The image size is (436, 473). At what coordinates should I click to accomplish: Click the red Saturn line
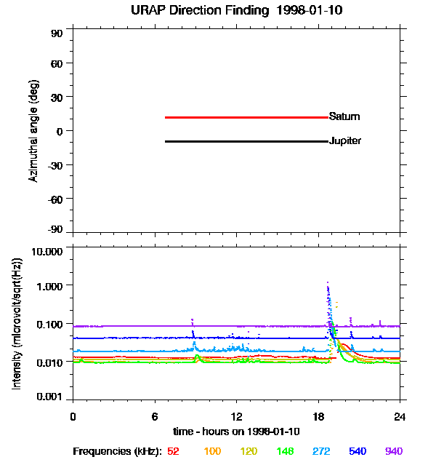pos(246,117)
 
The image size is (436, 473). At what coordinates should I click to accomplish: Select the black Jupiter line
pos(246,141)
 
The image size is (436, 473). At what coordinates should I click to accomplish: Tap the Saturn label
pos(344,117)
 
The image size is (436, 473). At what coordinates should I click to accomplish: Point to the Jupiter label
pos(345,141)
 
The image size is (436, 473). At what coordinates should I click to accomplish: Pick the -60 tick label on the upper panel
pos(55,198)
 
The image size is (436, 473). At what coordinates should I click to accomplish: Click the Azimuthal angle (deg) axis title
pos(34,131)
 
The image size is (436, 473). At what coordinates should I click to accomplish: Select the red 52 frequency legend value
pos(173,452)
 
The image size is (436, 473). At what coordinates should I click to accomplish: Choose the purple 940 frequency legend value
pos(393,452)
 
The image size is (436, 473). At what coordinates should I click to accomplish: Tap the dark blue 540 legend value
pos(357,452)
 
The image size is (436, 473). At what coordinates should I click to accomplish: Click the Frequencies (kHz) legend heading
pos(116,452)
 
